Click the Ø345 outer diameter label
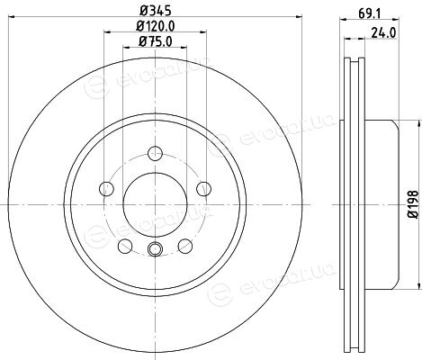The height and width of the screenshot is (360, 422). (155, 11)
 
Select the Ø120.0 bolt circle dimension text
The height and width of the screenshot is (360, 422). (155, 26)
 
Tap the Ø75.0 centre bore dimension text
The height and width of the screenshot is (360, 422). (155, 41)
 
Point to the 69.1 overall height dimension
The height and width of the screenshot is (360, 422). (369, 13)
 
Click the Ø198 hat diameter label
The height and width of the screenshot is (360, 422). (414, 204)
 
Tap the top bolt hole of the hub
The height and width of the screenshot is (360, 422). (155, 154)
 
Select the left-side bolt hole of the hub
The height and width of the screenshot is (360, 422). (106, 189)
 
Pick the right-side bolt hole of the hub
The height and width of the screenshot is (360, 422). (203, 189)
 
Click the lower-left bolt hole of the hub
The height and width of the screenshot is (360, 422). (125, 246)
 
